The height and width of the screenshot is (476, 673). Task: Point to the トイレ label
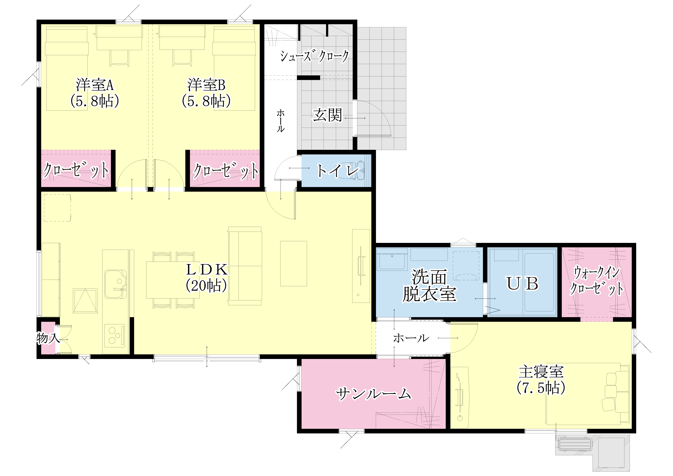pyautogui.click(x=338, y=171)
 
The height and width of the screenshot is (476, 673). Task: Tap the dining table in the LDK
pyautogui.click(x=173, y=280)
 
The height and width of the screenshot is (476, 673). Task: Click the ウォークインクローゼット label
pyautogui.click(x=597, y=281)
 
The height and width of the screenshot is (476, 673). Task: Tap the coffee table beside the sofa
pyautogui.click(x=293, y=263)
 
